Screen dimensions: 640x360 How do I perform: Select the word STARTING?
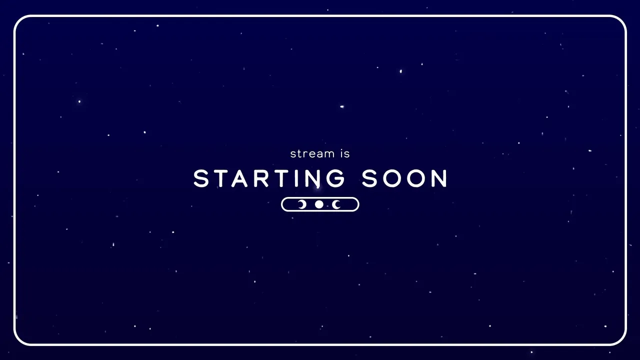(269, 178)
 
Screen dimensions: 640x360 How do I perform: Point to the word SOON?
(404, 178)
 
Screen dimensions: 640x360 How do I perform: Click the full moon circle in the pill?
(319, 204)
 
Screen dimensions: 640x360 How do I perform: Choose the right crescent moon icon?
(336, 204)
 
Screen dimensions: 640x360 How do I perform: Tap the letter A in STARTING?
(239, 178)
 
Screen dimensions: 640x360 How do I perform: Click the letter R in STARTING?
(261, 178)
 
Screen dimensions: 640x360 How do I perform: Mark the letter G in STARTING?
(335, 178)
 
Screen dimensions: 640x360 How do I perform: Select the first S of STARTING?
(201, 178)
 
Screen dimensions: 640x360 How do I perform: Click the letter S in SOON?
(369, 178)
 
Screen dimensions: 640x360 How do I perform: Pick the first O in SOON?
(392, 178)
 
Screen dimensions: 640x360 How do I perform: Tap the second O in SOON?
(416, 178)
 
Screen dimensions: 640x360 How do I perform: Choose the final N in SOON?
(439, 178)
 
